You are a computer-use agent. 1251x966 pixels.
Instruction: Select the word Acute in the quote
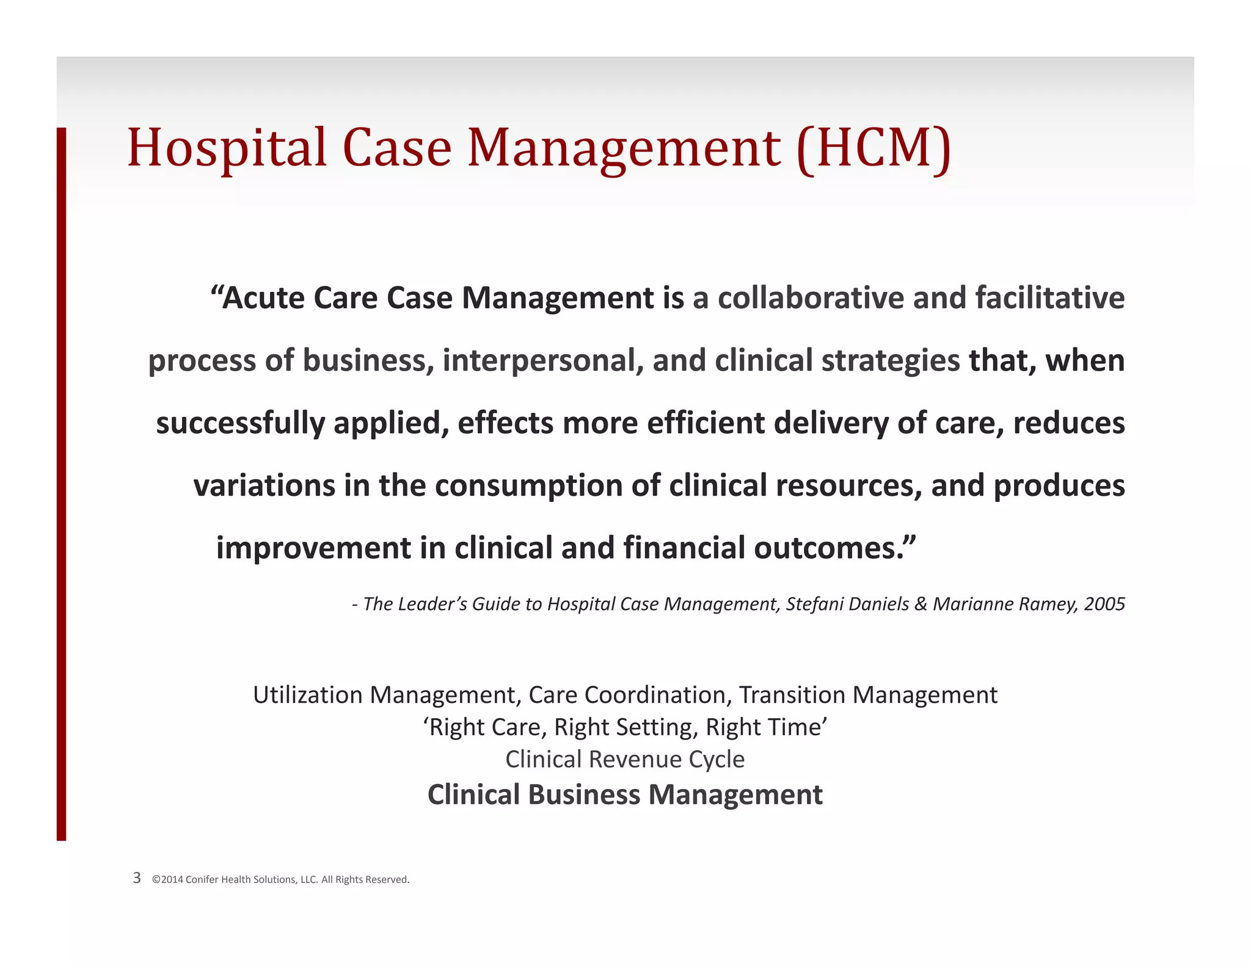click(263, 298)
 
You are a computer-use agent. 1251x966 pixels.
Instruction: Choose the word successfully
click(241, 423)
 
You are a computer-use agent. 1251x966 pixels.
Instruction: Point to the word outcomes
click(834, 548)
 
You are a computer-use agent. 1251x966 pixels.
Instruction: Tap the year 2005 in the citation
click(1104, 604)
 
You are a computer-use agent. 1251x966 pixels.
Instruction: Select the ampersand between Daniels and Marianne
click(921, 604)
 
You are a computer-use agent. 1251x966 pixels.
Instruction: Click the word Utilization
click(308, 695)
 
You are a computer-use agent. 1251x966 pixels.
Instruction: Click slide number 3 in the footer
click(137, 878)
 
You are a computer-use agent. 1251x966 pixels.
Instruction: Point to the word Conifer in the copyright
click(202, 879)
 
